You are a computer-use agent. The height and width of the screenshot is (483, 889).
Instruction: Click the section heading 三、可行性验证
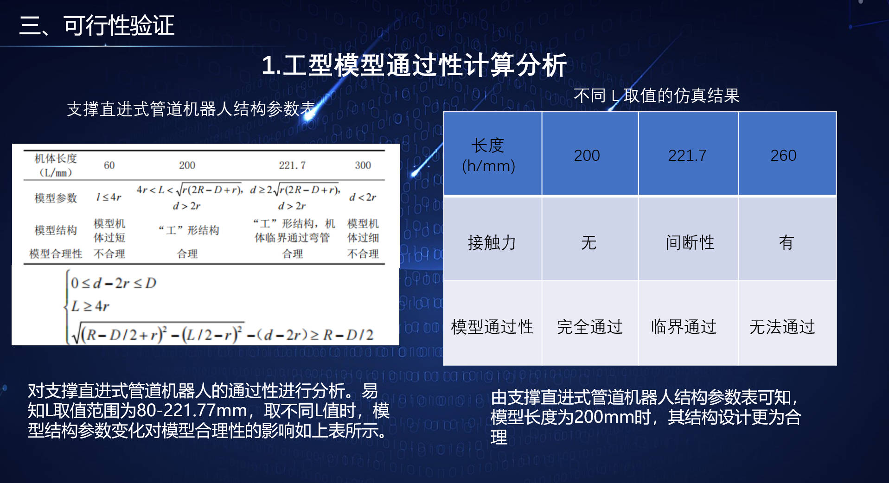[97, 25]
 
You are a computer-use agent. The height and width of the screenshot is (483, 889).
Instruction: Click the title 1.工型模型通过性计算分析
[414, 65]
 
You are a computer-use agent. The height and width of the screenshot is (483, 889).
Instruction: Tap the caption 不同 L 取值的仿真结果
[657, 95]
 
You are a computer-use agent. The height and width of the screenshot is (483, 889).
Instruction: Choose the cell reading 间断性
[690, 242]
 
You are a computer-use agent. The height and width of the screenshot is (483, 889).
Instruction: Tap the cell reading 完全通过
[589, 327]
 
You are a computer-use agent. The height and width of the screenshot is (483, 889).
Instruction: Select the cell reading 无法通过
[782, 327]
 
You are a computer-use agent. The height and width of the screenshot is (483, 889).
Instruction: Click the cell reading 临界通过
[684, 327]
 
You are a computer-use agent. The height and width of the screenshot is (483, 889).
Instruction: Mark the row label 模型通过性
[492, 327]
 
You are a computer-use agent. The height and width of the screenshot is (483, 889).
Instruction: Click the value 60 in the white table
[109, 165]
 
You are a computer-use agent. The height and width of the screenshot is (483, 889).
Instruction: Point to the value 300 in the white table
[363, 165]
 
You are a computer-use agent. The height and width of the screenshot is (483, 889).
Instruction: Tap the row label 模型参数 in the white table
[56, 198]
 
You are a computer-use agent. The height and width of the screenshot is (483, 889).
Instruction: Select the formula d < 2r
[363, 197]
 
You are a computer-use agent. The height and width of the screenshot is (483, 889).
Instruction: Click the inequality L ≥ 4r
[90, 306]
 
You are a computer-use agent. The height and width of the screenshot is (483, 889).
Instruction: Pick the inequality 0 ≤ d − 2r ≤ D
[114, 283]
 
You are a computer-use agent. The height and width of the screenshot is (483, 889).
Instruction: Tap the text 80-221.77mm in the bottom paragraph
[192, 411]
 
